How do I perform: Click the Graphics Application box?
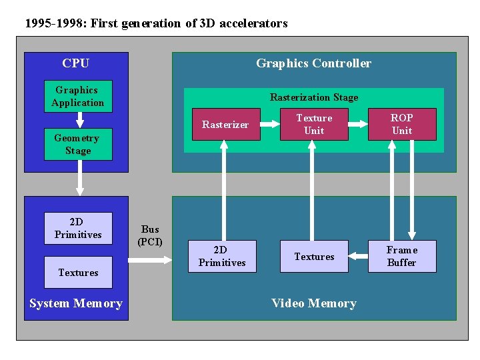[x=78, y=96]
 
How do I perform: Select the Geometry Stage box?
[x=78, y=144]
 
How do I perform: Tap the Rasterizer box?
[x=225, y=124]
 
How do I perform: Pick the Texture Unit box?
[x=314, y=124]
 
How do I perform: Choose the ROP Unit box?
[x=402, y=124]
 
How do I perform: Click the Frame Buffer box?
[x=402, y=256]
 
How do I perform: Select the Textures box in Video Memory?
[x=314, y=256]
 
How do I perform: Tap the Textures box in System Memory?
[x=78, y=272]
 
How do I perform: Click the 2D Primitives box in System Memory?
[x=78, y=228]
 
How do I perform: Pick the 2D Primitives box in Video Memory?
[x=222, y=256]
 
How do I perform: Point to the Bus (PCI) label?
[x=150, y=235]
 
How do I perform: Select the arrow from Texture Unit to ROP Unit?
[x=358, y=124]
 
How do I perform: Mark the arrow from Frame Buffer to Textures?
[x=358, y=256]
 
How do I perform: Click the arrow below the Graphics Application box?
[x=79, y=120]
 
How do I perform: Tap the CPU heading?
[x=75, y=63]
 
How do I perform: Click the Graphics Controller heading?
[x=313, y=63]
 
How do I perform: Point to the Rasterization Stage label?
[x=314, y=97]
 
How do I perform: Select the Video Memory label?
[x=314, y=303]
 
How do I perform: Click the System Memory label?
[x=76, y=303]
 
